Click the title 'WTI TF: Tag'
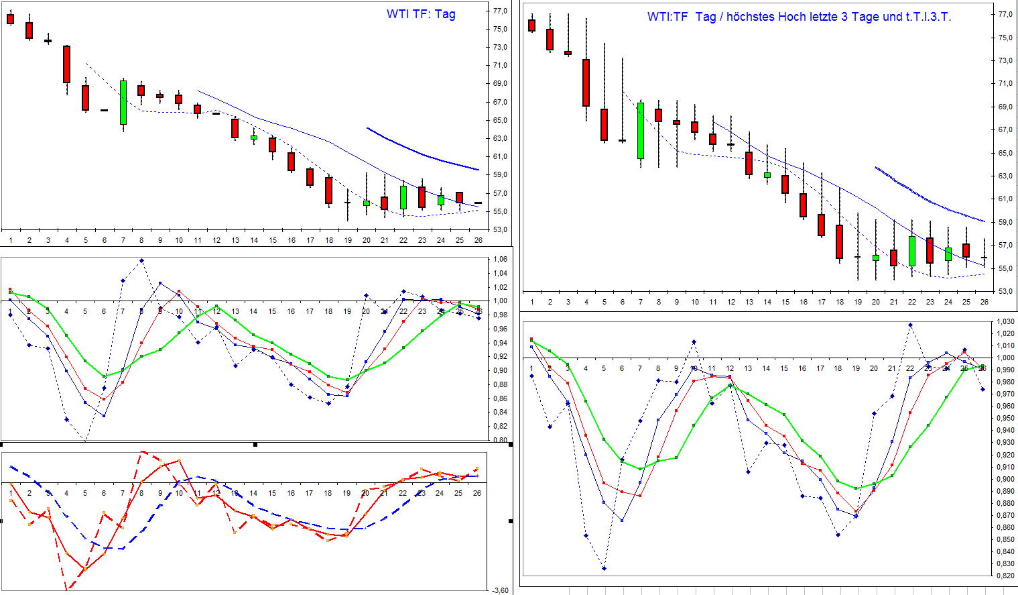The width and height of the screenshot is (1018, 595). (421, 14)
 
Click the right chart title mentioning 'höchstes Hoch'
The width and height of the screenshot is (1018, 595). (799, 17)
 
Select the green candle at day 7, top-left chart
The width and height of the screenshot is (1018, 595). (123, 103)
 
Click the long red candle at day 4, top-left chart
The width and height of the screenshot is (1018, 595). (66, 64)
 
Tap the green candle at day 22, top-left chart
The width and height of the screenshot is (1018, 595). (403, 197)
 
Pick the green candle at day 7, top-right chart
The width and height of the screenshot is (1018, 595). (641, 130)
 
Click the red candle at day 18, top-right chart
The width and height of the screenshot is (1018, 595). (839, 241)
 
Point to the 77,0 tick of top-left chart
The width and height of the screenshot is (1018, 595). (501, 11)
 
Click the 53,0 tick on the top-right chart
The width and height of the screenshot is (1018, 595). (1005, 291)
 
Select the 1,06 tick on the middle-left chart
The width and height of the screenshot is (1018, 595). (499, 260)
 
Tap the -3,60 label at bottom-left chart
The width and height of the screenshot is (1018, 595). (500, 590)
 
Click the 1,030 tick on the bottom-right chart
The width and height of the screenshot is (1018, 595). (1004, 322)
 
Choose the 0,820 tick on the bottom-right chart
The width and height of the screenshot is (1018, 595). (1004, 576)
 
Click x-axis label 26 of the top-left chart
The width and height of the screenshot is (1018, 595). (477, 239)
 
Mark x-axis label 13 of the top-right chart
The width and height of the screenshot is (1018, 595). (749, 302)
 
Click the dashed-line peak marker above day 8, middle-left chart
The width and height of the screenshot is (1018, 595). (141, 260)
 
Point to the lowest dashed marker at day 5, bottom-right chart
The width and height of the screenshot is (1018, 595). (604, 568)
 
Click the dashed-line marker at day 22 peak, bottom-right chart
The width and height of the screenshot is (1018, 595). (911, 325)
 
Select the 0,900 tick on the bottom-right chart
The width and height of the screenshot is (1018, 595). (1004, 479)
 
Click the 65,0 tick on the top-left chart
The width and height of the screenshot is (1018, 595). (501, 120)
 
